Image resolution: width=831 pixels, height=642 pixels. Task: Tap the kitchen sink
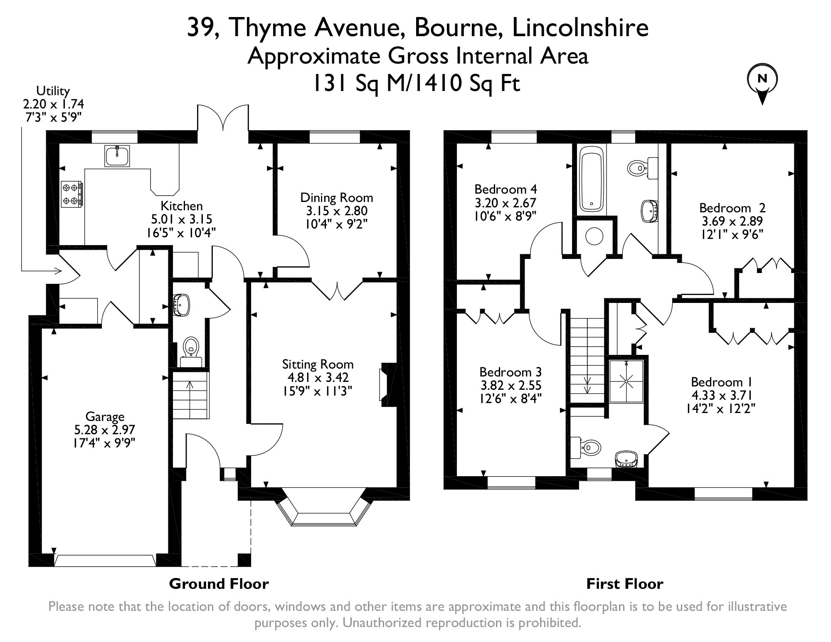(x=117, y=156)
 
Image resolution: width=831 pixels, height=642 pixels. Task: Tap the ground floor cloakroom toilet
(x=191, y=350)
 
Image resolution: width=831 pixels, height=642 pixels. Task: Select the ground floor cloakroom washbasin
(x=181, y=304)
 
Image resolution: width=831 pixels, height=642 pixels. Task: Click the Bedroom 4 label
(x=506, y=189)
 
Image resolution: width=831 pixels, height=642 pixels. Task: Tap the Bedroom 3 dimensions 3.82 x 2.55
(x=510, y=385)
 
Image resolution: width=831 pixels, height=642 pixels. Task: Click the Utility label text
(x=53, y=91)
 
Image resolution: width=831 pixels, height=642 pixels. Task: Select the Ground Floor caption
(x=219, y=584)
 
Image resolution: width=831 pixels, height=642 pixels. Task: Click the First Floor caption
(x=624, y=584)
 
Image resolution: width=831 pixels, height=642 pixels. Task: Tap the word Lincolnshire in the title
(x=580, y=28)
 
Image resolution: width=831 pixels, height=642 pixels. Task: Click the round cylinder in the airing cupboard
(x=594, y=236)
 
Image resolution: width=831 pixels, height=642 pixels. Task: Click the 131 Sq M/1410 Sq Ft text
(x=416, y=83)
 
